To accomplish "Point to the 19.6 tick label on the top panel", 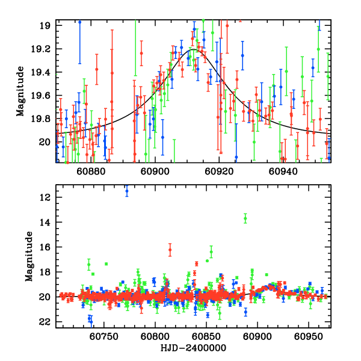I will (x=43, y=96).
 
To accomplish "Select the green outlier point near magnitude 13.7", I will (x=245, y=218).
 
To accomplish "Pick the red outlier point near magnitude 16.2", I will (x=170, y=250).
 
